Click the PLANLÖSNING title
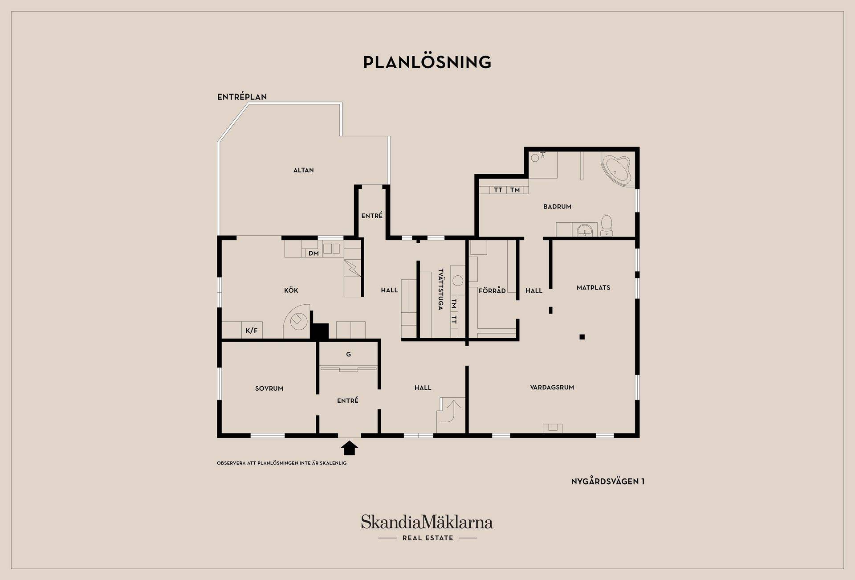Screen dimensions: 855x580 pos(427,62)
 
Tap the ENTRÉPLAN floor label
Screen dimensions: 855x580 pos(242,97)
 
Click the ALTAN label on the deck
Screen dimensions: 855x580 pos(304,170)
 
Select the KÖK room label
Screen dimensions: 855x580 pos(291,290)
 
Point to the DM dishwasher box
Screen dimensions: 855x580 pos(313,253)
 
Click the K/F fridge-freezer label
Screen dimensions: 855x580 pos(252,331)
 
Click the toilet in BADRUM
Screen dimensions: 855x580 pos(607,226)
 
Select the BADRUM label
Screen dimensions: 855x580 pos(557,207)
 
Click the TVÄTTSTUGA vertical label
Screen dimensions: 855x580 pos(440,289)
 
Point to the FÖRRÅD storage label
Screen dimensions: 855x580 pos(492,291)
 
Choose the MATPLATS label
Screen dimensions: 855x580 pos(593,288)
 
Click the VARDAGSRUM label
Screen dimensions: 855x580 pos(552,388)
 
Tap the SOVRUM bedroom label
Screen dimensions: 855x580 pos(269,388)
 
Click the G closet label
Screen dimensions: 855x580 pos(348,355)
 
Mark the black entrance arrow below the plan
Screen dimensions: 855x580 pos(350,448)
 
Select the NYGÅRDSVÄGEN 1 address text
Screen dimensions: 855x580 pos(607,482)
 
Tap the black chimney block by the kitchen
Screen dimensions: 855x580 pos(319,331)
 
